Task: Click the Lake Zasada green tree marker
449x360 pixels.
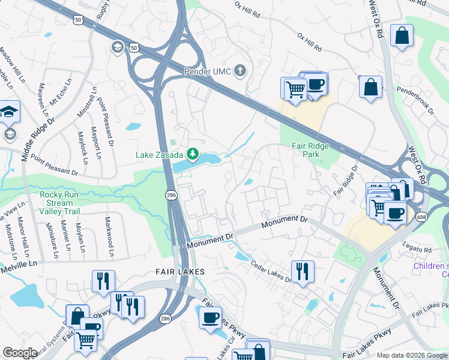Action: coord(193,155)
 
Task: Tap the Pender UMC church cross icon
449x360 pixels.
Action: coord(240,71)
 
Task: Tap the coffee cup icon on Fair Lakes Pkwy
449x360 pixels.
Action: coord(209,317)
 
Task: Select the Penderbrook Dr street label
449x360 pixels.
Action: coord(414,103)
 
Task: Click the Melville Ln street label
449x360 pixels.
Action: coord(18,263)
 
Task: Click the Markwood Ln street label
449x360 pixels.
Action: coord(109,237)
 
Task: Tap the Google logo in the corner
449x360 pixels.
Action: coord(20,353)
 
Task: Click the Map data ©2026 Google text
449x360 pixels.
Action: coord(411,355)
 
